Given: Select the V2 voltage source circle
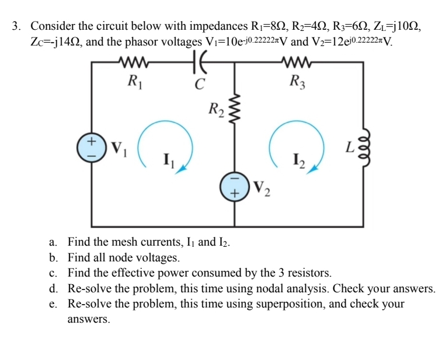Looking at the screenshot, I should [235, 187].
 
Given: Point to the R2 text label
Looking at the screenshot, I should [215, 108].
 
